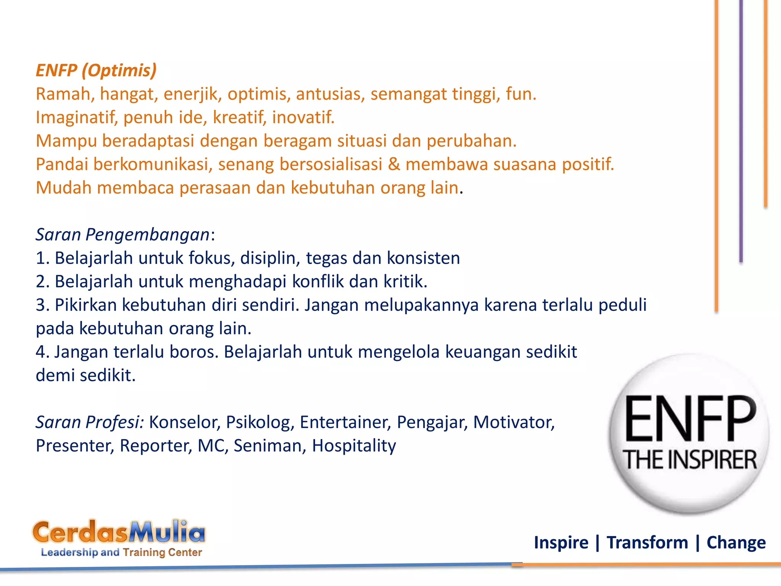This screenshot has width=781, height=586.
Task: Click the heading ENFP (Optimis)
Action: click(x=96, y=71)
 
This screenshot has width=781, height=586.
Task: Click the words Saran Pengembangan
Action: click(x=122, y=235)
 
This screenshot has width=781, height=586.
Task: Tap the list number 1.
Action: click(x=41, y=258)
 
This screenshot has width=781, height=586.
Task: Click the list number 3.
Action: click(x=41, y=305)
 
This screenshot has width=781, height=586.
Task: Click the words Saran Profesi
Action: click(x=90, y=422)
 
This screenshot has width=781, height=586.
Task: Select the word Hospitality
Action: click(x=354, y=446)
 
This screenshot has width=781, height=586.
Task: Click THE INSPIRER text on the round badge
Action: click(x=689, y=460)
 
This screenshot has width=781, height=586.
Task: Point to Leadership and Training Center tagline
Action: click(x=121, y=552)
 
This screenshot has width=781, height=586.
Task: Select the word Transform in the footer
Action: click(x=647, y=543)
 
